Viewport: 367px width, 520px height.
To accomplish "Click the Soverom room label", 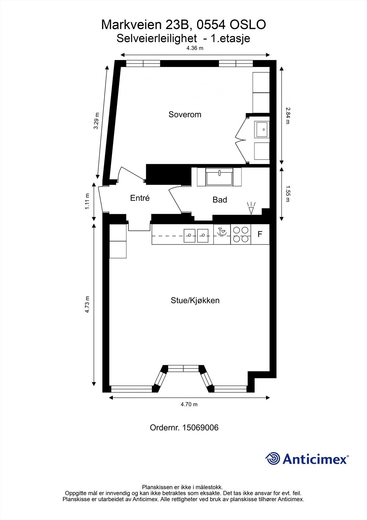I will point(185,114).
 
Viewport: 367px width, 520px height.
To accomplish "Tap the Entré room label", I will point(140,198).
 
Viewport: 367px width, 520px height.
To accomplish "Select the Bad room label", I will point(220,200).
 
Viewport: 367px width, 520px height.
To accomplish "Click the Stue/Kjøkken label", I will point(195,300).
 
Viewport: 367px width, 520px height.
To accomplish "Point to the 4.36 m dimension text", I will point(195,48).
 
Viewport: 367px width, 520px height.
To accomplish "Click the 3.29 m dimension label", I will point(96,121).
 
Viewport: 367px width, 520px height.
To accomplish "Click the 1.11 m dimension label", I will point(87,201).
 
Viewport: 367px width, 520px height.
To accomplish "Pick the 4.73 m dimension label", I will point(87,305).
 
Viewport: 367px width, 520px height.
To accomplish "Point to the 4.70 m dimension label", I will point(189,404).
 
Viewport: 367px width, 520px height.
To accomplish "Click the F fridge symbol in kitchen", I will point(260,234).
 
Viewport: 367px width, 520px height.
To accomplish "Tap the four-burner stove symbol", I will point(241,234).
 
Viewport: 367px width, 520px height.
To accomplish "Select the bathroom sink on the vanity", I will point(219,177).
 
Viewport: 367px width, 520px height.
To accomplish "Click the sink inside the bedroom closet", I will point(262,129).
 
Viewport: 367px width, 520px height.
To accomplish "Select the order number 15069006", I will point(200,427).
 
